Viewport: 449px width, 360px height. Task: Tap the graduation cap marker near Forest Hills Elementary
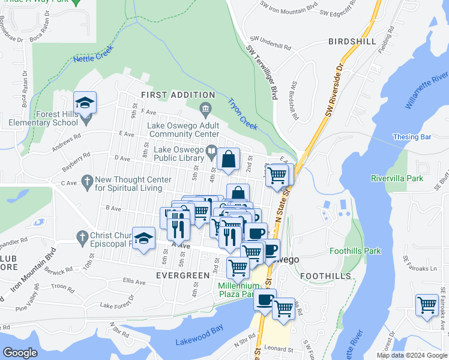pos(85,102)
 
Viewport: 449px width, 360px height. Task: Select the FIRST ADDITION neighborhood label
pos(178,95)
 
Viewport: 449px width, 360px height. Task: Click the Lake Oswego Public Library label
pos(179,154)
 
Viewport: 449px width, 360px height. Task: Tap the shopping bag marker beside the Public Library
pos(228,159)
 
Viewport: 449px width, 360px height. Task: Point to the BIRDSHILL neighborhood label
pos(352,41)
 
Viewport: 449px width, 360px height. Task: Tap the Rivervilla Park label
pos(397,178)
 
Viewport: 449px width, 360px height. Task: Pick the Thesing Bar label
pos(413,137)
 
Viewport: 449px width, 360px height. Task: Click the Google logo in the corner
pos(20,353)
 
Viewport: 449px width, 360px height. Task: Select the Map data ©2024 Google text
pos(411,355)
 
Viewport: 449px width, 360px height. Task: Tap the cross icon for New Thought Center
pos(86,180)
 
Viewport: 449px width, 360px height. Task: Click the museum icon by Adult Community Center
pos(205,109)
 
